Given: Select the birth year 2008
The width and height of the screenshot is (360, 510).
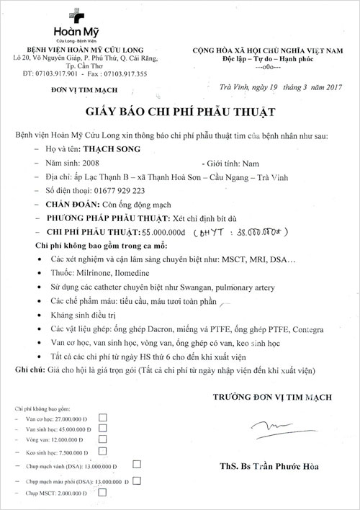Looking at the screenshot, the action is pos(90,164).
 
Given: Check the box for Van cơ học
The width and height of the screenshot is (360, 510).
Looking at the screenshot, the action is pos(102,416).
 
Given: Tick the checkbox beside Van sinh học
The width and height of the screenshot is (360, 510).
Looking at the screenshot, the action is pos(102,428).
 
